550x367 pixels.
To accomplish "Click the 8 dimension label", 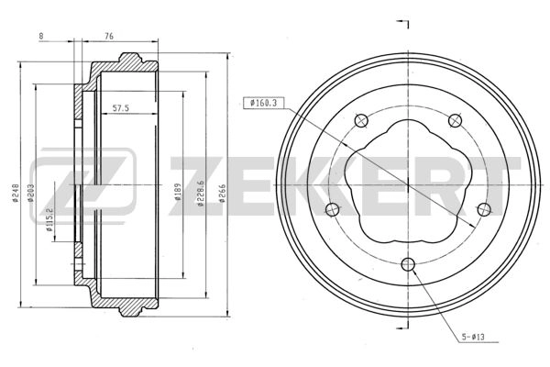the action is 41,36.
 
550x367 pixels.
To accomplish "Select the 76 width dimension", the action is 109,36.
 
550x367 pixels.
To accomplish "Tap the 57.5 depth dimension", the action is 121,108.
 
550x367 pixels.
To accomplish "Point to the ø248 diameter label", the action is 15,193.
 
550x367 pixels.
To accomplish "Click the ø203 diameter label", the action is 30,193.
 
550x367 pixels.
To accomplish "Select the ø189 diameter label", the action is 178,192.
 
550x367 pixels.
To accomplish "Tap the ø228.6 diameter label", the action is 200,194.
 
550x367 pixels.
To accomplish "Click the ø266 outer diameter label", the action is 222,193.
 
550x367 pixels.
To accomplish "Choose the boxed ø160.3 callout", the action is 263,103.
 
